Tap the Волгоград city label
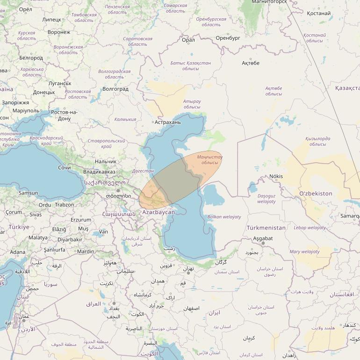(115, 89)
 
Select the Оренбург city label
(228, 38)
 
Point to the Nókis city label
(276, 176)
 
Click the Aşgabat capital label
(262, 238)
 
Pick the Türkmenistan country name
(266, 228)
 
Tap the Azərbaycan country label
(158, 212)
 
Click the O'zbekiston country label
(316, 194)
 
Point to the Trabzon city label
(64, 205)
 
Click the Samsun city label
(28, 193)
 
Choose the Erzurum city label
(81, 220)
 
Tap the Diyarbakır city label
(70, 240)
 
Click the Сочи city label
(65, 167)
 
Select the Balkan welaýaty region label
(224, 217)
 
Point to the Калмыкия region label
(125, 120)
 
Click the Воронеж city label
(59, 33)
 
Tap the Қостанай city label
(319, 14)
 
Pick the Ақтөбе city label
(251, 63)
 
